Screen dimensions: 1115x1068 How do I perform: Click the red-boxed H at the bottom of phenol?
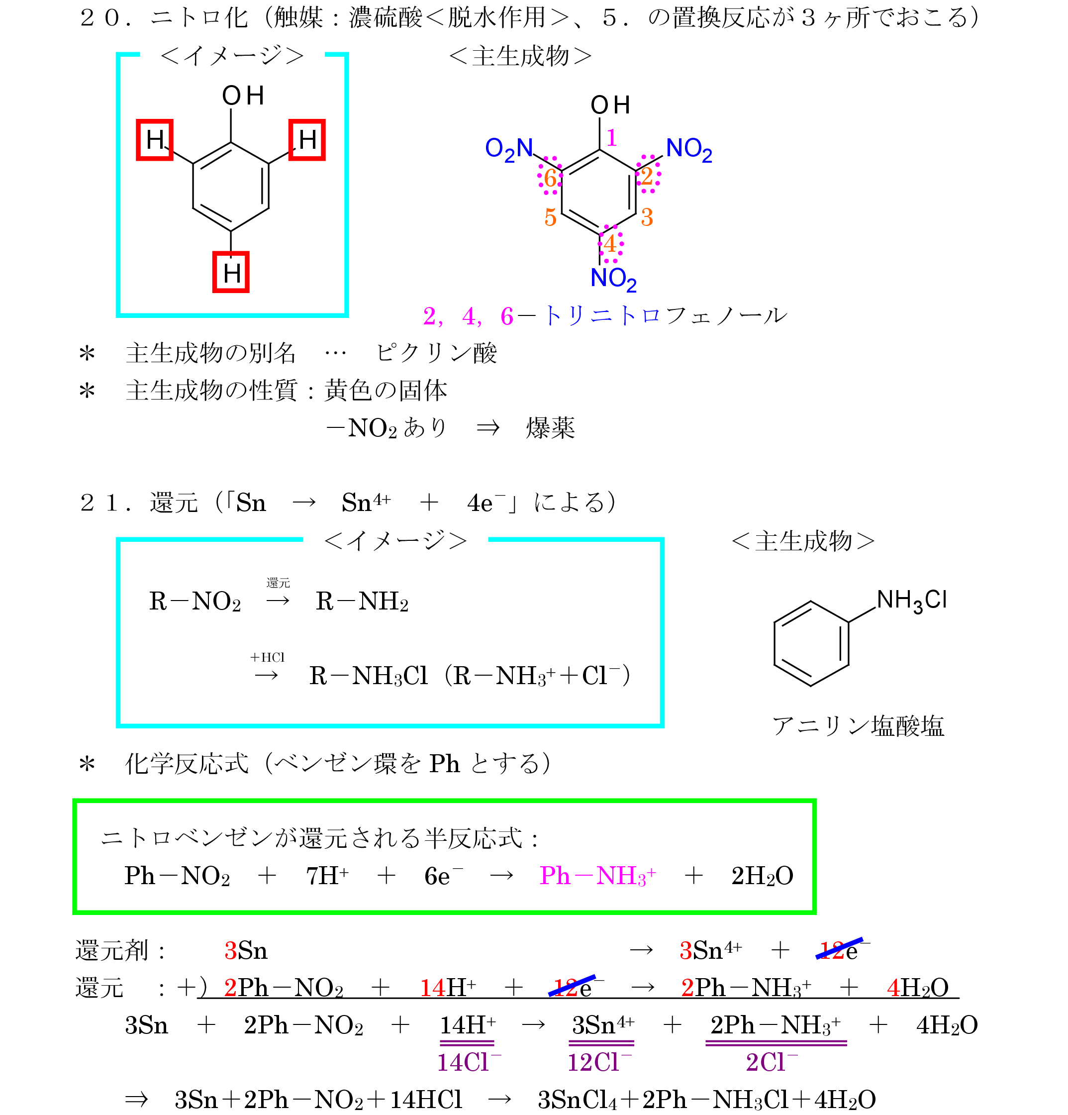pyautogui.click(x=230, y=272)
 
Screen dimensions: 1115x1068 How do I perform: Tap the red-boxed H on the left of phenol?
pyautogui.click(x=154, y=140)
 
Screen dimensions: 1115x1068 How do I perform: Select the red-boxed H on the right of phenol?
pyautogui.click(x=306, y=140)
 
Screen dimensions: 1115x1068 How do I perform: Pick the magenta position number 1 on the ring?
pyautogui.click(x=611, y=138)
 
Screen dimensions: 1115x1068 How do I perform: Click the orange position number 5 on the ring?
pyautogui.click(x=550, y=217)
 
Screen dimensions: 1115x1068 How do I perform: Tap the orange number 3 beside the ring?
pyautogui.click(x=647, y=217)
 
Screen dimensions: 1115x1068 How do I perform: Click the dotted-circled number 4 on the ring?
pyautogui.click(x=610, y=244)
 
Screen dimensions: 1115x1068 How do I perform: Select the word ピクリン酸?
pyautogui.click(x=436, y=353)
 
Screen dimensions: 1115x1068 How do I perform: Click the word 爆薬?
pyautogui.click(x=550, y=428)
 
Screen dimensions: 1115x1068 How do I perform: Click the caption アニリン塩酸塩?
pyautogui.click(x=857, y=726)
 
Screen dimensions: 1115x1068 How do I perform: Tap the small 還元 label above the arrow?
pyautogui.click(x=278, y=583)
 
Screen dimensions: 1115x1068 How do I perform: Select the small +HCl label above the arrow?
pyautogui.click(x=267, y=658)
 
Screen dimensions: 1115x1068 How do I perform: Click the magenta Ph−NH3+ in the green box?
pyautogui.click(x=597, y=876)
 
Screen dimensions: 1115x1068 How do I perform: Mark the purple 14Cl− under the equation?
pyautogui.click(x=469, y=1063)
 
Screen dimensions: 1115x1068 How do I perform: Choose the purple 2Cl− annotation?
pyautogui.click(x=772, y=1063)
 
